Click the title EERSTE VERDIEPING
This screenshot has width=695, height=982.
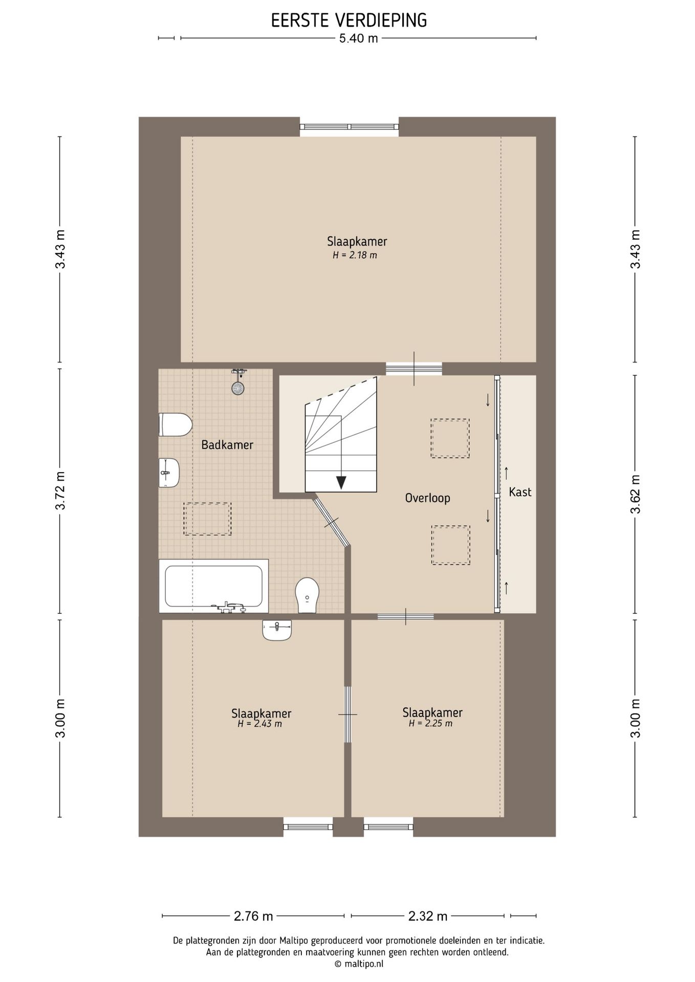tap(349, 20)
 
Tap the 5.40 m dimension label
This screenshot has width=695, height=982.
tap(358, 38)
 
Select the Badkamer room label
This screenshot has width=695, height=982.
tap(227, 445)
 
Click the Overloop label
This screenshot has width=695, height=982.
tap(427, 498)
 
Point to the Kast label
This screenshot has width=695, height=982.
tap(520, 492)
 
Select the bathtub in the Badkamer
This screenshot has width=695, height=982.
tap(213, 586)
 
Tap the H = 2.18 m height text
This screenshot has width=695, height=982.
tap(355, 255)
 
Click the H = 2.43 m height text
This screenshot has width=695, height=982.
tap(259, 724)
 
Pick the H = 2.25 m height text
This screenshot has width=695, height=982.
tap(430, 724)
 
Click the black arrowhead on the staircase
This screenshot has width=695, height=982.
tap(341, 482)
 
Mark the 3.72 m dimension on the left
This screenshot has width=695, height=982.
tap(61, 490)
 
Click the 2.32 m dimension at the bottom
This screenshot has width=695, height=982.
tap(428, 916)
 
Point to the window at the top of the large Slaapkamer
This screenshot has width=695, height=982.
tap(349, 127)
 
